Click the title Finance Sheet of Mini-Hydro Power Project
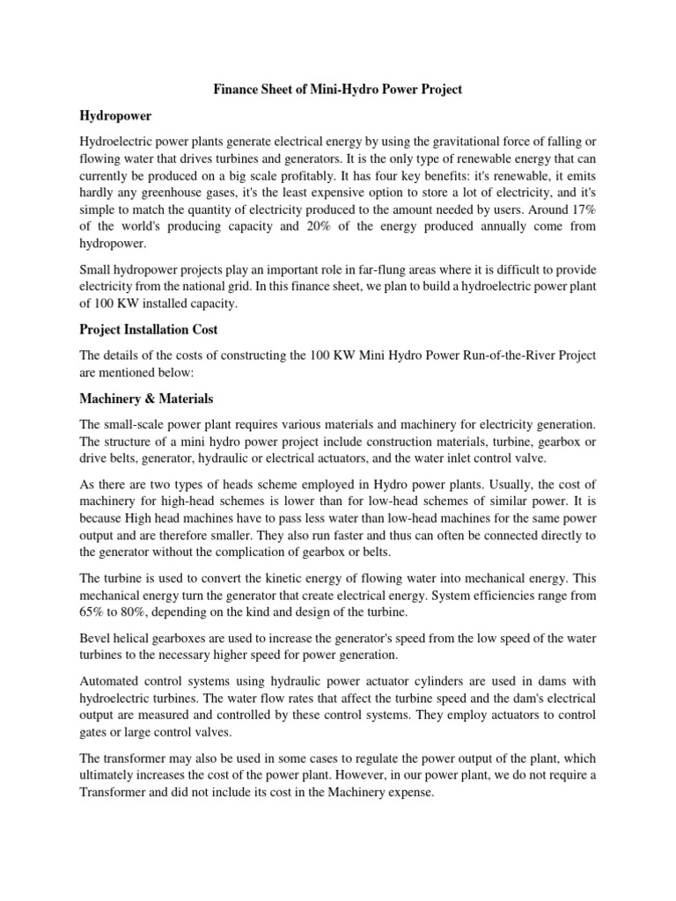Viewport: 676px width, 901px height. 338,89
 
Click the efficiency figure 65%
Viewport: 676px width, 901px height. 92,612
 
